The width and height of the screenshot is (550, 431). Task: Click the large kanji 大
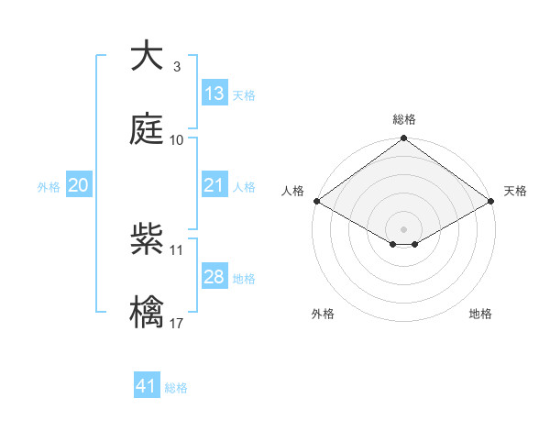pos(147,57)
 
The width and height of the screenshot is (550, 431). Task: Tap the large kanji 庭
pos(147,129)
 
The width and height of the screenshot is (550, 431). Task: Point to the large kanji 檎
pos(147,312)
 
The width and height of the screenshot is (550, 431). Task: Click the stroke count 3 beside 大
pos(176,67)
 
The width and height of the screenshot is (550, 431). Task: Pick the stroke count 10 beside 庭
pos(177,140)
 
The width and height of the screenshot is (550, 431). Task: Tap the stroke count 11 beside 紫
pos(177,249)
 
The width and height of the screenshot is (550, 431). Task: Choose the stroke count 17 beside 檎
pos(177,323)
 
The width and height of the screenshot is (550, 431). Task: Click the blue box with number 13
pos(214,94)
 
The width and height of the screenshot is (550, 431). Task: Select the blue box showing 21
pos(214,185)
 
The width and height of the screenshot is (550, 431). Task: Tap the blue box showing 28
pos(214,277)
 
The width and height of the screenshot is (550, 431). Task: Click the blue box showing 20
pos(79,185)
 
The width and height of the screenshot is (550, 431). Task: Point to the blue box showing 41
pos(147,386)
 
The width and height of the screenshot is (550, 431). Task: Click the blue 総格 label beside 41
pos(176,388)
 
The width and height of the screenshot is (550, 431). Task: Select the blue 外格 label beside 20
pos(49,187)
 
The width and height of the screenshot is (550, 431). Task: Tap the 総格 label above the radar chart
pos(404,119)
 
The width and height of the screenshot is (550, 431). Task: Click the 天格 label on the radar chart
pos(515,191)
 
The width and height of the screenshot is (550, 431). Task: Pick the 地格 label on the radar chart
pos(480,314)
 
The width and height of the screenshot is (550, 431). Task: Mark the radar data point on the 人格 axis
pos(315,200)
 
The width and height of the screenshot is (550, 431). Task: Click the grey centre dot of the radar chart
pos(403,227)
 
